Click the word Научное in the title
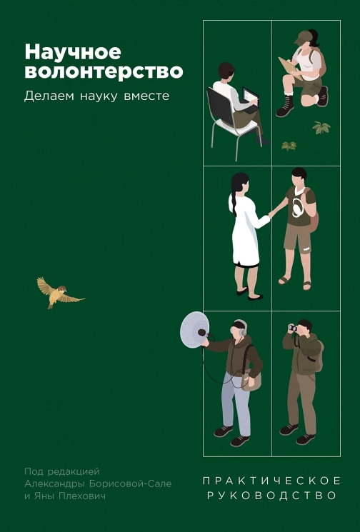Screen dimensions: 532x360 (x=73, y=52)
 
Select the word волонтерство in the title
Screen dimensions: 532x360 (x=104, y=71)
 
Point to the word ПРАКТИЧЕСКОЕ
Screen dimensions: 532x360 (x=271, y=480)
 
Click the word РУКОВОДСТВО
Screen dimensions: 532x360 (x=271, y=494)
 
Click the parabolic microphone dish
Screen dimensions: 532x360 (x=194, y=329)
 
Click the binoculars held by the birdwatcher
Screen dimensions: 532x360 (x=293, y=327)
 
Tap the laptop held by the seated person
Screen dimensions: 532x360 (x=249, y=95)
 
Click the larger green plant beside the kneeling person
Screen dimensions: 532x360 (x=321, y=128)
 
